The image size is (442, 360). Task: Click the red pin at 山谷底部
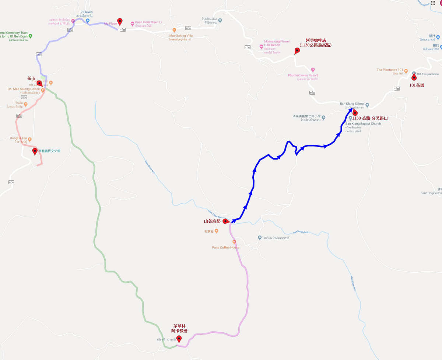point(225,221)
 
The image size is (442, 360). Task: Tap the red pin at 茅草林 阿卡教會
point(179,339)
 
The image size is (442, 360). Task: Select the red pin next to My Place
point(120,21)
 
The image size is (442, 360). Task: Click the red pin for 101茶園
point(414,77)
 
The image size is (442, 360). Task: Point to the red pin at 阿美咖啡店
point(297,51)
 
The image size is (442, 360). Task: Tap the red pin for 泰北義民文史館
point(35,151)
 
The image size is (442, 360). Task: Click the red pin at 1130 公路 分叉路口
point(355,113)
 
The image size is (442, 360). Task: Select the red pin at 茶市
point(39,83)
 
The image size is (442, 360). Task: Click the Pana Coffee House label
point(225,247)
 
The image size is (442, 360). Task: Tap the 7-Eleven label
point(86,12)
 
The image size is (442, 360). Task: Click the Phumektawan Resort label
point(303,75)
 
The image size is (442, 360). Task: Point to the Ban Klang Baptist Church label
point(363,124)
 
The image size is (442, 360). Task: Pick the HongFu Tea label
point(18,138)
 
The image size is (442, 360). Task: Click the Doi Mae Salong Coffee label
point(24,89)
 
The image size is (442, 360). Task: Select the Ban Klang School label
point(352,104)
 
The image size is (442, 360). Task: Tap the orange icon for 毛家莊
point(216,231)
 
